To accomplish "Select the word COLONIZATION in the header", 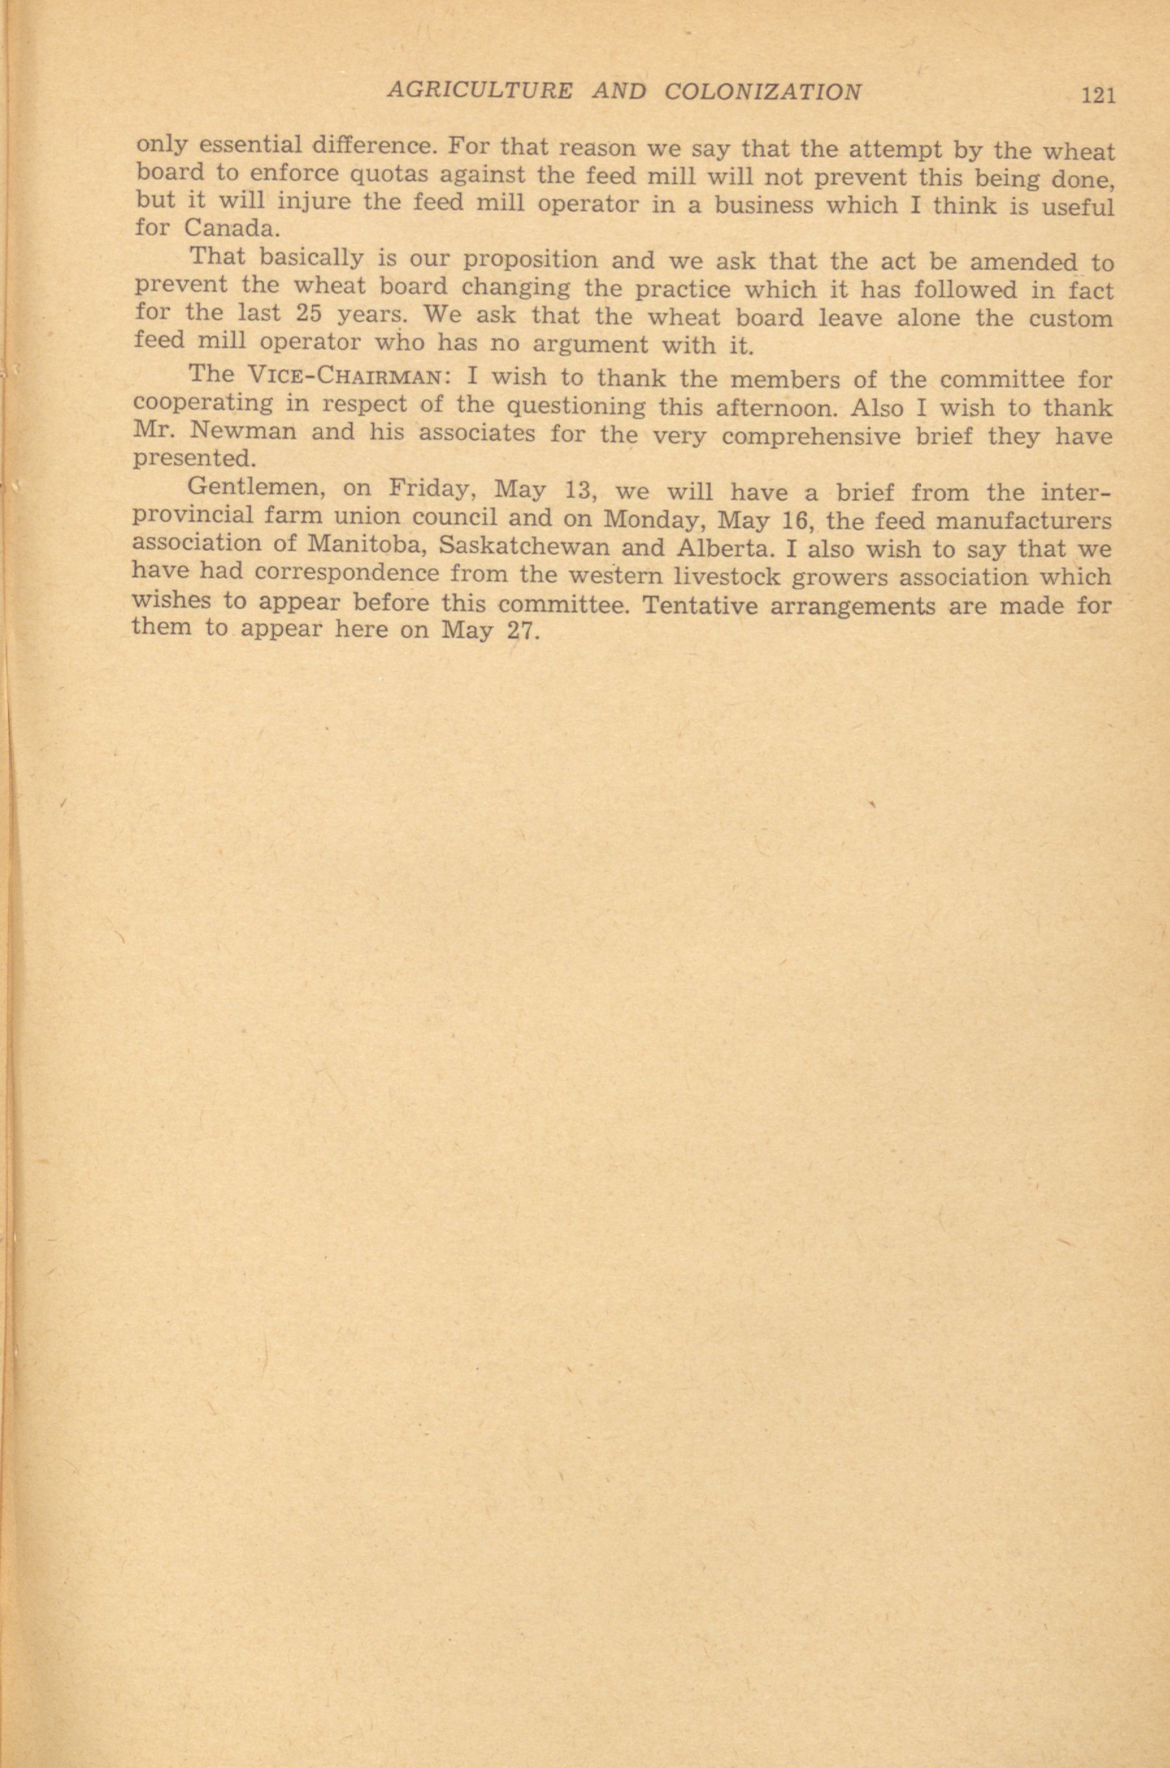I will [763, 92].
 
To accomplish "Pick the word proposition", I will [531, 261].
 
